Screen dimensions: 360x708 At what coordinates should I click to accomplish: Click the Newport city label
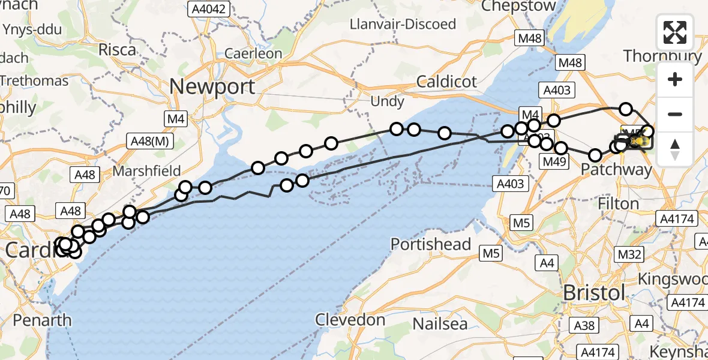(212, 86)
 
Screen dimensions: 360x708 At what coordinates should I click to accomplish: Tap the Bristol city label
(595, 293)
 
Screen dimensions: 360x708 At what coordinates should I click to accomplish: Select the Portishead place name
(431, 245)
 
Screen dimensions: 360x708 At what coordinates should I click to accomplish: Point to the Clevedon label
(351, 320)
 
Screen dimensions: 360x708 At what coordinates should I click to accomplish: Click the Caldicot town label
(447, 82)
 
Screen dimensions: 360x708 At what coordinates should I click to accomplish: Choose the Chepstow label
(519, 6)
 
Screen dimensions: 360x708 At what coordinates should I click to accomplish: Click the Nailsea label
(441, 324)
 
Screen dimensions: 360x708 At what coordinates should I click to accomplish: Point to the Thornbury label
(662, 56)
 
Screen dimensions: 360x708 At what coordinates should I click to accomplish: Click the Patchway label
(616, 170)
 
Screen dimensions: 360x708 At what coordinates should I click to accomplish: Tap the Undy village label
(387, 101)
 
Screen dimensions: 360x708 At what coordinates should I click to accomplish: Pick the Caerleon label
(253, 53)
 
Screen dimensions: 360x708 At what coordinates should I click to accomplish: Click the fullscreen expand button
(675, 32)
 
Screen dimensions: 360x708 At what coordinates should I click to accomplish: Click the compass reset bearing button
(675, 149)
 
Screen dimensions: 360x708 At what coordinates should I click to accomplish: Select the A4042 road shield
(209, 9)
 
